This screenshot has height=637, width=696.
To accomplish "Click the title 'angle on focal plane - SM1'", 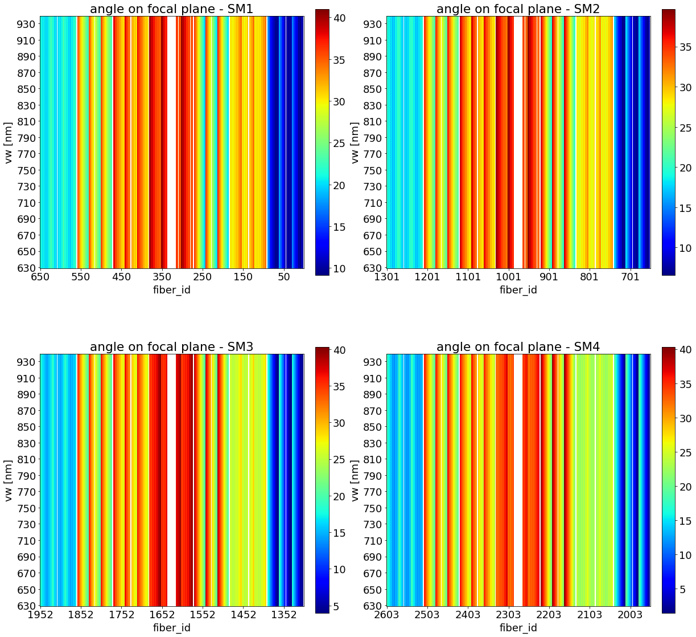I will (171, 9).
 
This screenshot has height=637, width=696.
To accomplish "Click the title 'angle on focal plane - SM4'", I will (518, 346).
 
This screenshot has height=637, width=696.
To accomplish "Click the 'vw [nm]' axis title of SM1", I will (9, 142).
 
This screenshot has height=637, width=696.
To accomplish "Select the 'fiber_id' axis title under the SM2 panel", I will (518, 290).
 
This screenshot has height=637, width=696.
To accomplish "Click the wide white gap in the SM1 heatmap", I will (171, 142).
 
